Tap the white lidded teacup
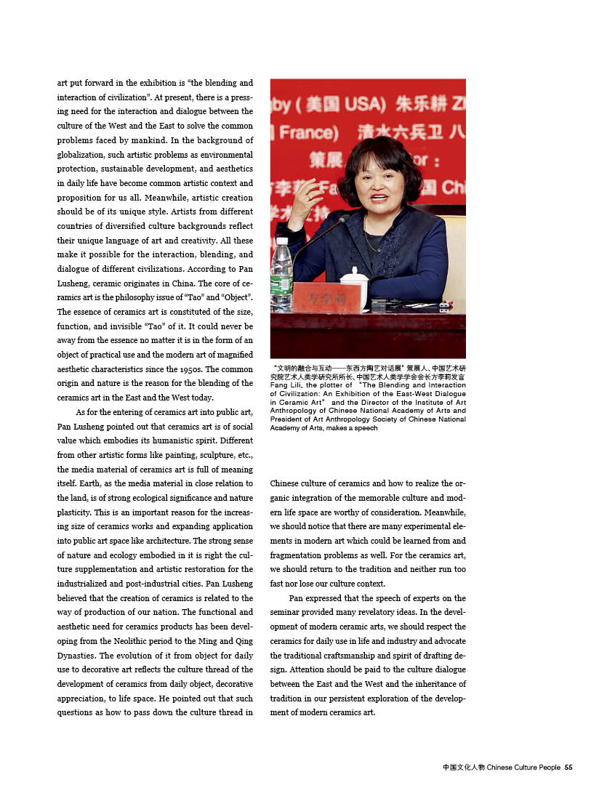click(x=355, y=287)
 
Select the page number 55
click(x=569, y=767)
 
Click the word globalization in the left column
click(x=84, y=154)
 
